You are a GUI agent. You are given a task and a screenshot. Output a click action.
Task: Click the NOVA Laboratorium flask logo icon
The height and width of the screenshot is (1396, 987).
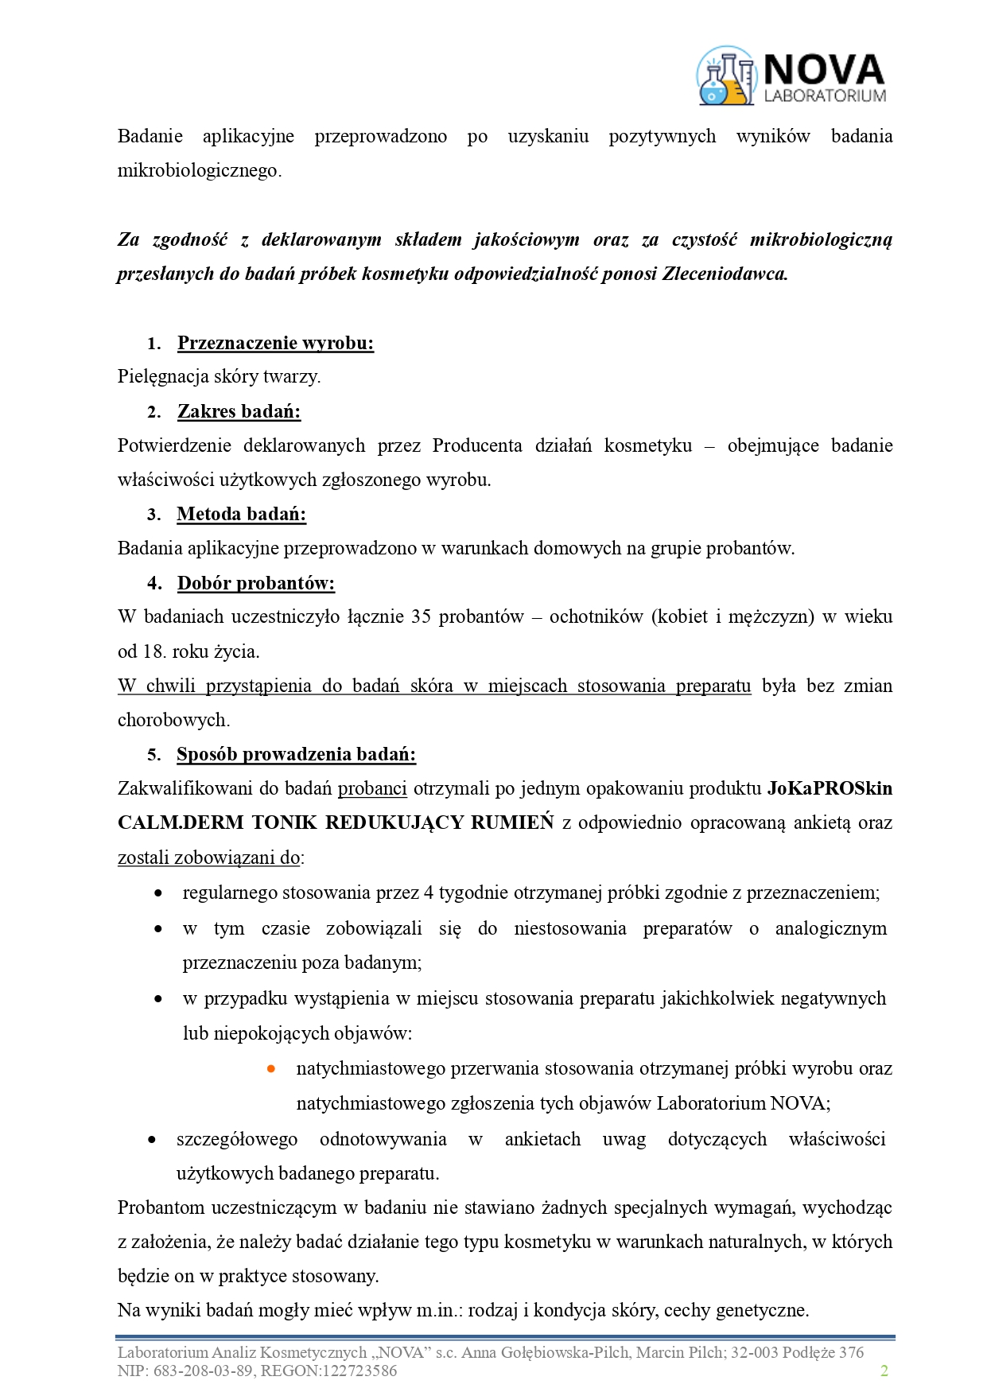click(725, 76)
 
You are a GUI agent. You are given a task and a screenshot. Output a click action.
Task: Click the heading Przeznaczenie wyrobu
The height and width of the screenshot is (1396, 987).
click(275, 343)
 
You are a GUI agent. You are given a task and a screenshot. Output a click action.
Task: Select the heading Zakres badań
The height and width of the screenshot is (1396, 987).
click(239, 411)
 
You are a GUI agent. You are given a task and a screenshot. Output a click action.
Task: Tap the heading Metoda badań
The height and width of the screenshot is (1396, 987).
click(241, 514)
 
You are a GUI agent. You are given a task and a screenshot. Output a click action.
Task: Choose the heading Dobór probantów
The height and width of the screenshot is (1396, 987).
click(255, 583)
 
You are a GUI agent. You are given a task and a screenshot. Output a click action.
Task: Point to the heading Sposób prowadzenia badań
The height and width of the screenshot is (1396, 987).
click(296, 754)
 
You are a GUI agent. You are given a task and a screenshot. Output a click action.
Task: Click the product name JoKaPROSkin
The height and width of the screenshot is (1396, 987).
click(830, 788)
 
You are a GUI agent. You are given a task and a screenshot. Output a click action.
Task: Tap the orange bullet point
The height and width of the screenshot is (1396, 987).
click(271, 1068)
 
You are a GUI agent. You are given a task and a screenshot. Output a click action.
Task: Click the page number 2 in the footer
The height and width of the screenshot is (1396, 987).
click(884, 1371)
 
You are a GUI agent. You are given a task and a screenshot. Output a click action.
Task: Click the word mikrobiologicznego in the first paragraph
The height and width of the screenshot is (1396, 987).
click(199, 170)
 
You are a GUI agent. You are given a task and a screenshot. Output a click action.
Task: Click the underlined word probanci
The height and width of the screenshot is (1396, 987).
click(372, 788)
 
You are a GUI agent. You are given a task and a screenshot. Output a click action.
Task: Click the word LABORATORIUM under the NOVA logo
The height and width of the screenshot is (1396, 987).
click(825, 95)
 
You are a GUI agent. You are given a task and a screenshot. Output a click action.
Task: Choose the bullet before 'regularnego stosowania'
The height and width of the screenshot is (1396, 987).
click(159, 893)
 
